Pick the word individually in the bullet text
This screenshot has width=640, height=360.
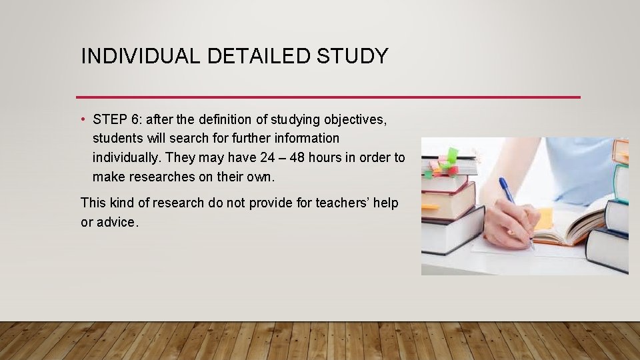(x=127, y=157)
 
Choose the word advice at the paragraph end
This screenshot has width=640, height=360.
(x=115, y=222)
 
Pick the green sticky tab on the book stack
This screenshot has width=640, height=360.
(x=452, y=156)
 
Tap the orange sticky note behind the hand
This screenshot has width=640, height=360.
(x=543, y=217)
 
